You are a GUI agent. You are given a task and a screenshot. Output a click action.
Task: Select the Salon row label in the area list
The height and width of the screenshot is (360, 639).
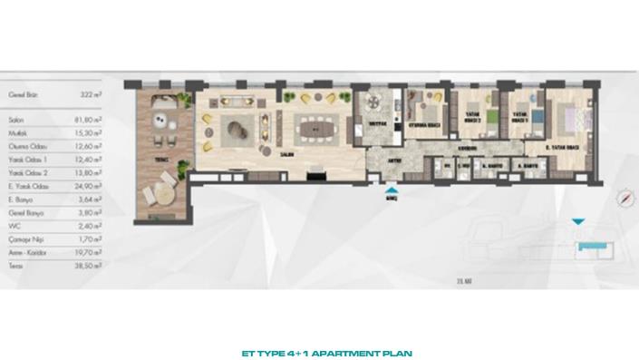coord(13,117)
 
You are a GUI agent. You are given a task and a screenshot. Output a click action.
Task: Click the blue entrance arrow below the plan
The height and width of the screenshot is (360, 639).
coord(391,190)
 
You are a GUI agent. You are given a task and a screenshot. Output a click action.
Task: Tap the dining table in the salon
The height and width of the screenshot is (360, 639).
coord(316,129)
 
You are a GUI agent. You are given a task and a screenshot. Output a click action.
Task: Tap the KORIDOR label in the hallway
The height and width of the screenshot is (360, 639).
coord(467,148)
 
